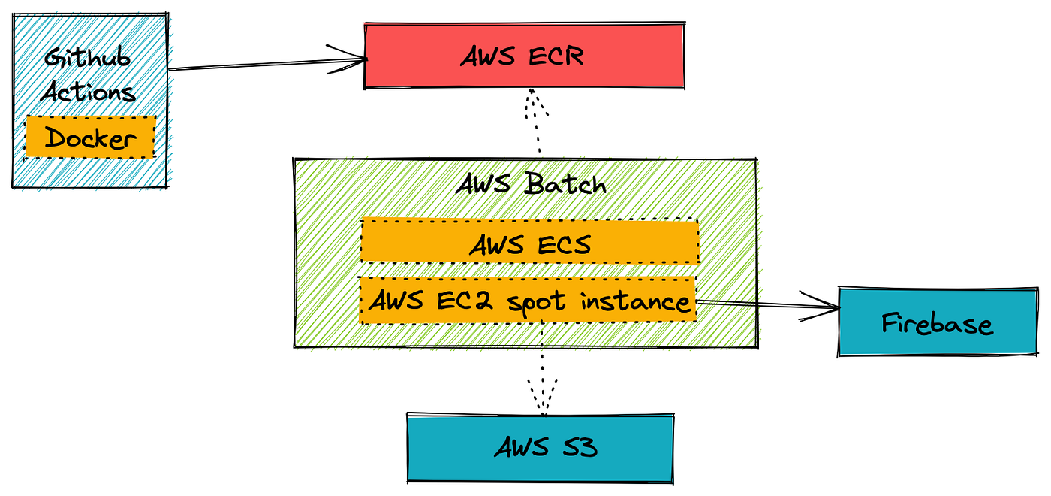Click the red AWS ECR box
click(x=524, y=56)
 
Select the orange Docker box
click(x=90, y=137)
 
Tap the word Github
click(x=87, y=59)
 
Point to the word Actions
click(x=89, y=92)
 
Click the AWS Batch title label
click(x=531, y=183)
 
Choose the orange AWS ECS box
click(x=530, y=241)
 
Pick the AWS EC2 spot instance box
click(x=528, y=300)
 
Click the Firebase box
click(x=938, y=322)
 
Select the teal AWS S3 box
click(x=541, y=448)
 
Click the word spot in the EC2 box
click(x=537, y=302)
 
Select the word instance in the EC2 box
click(x=635, y=301)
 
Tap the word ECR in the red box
click(x=556, y=56)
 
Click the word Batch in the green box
click(x=565, y=183)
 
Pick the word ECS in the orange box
click(x=564, y=245)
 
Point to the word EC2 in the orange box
click(x=465, y=300)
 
